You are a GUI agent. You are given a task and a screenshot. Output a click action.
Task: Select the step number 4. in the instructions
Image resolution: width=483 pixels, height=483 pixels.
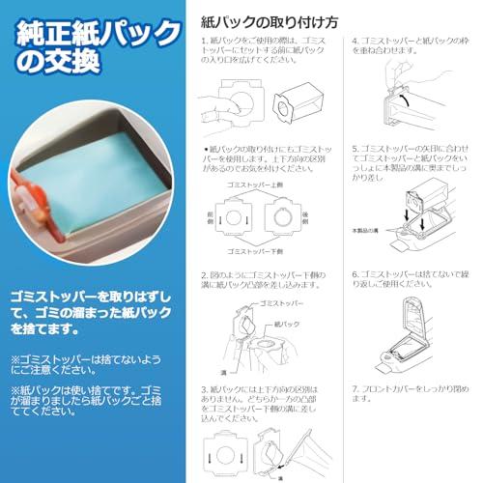click(x=355, y=42)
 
